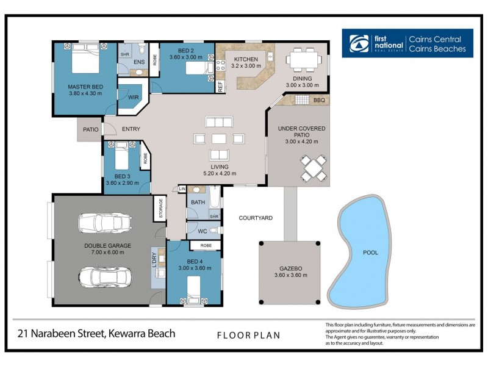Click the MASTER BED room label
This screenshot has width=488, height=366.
[x=85, y=87]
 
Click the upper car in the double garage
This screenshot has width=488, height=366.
[x=104, y=224]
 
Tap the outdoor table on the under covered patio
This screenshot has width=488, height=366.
[x=312, y=168]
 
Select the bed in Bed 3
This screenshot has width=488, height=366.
[x=121, y=156]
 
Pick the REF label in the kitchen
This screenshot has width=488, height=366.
[x=220, y=86]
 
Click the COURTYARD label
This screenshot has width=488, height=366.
[x=256, y=218]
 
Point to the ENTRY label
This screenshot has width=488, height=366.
[x=131, y=129]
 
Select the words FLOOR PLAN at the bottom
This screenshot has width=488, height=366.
[x=248, y=335]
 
